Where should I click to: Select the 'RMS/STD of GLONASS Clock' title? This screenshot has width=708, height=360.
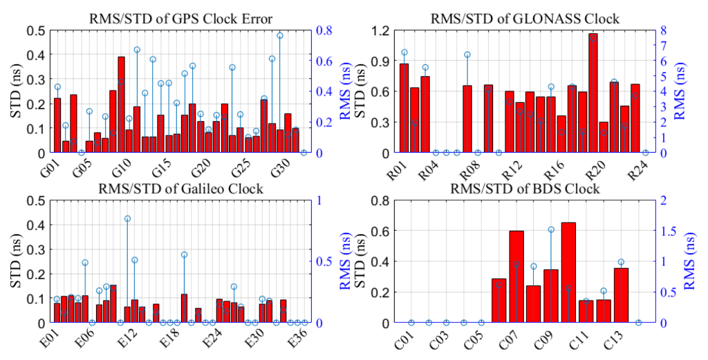pos(525,19)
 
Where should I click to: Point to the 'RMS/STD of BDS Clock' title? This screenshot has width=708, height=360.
pos(525,189)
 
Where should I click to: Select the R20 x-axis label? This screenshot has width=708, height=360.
pos(595,169)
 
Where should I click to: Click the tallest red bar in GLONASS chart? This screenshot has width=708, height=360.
pos(593,93)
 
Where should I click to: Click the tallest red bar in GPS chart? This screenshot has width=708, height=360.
pos(121,105)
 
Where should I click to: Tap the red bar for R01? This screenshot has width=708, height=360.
pos(404,108)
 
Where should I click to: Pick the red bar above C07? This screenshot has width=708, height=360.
pos(516,276)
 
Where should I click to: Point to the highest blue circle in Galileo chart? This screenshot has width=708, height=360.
pos(127,218)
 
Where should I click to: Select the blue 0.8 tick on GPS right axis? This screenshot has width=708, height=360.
pos(323,30)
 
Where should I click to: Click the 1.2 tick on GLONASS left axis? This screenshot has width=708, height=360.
pos(382,30)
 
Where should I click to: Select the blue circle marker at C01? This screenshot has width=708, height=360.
pos(411,323)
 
